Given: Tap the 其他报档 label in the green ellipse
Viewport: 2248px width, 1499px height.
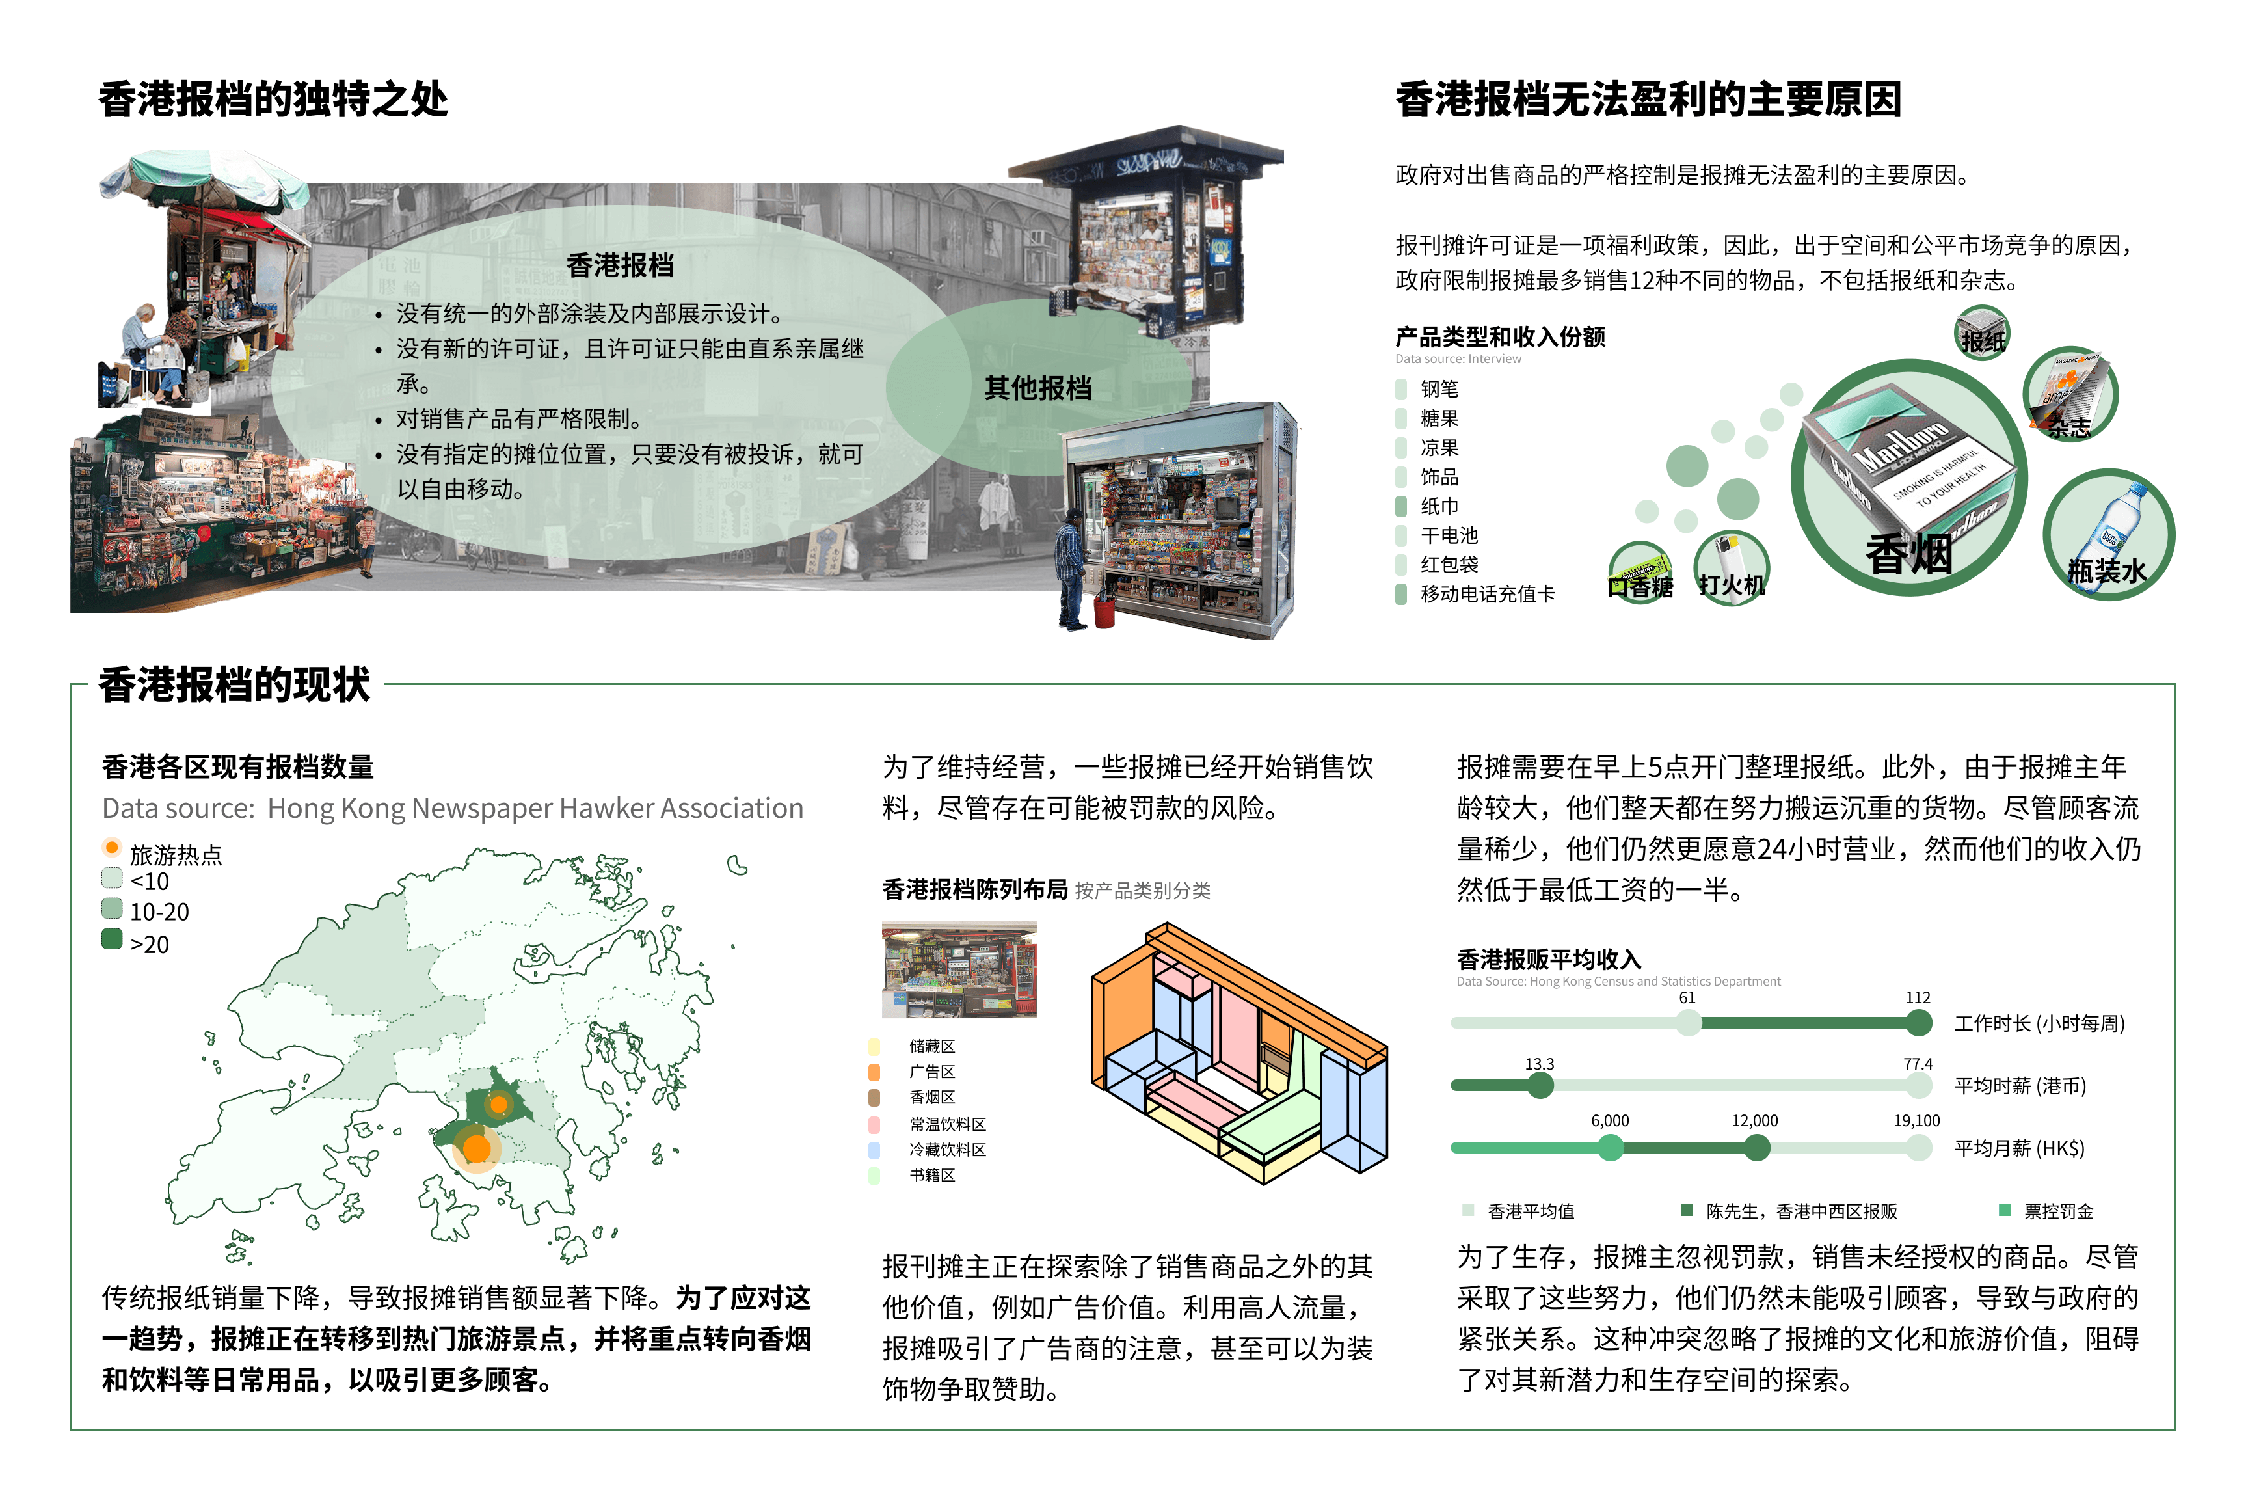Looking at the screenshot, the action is point(1038,388).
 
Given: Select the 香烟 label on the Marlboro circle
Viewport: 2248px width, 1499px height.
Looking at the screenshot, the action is point(1908,554).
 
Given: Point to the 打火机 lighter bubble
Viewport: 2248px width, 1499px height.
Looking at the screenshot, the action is point(1731,569).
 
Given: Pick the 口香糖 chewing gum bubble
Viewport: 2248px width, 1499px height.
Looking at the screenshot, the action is point(1640,572).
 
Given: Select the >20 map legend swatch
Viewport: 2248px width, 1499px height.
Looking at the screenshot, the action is point(112,939).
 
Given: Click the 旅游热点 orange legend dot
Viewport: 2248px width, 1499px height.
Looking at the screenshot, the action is point(112,847).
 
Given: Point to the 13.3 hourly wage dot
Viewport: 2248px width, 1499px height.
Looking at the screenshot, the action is point(1540,1085).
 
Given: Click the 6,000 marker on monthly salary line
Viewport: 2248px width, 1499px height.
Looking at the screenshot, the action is point(1611,1147).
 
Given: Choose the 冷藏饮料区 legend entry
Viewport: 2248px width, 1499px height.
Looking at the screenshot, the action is point(927,1149).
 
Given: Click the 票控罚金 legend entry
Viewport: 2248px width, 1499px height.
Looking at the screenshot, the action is point(2046,1211).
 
